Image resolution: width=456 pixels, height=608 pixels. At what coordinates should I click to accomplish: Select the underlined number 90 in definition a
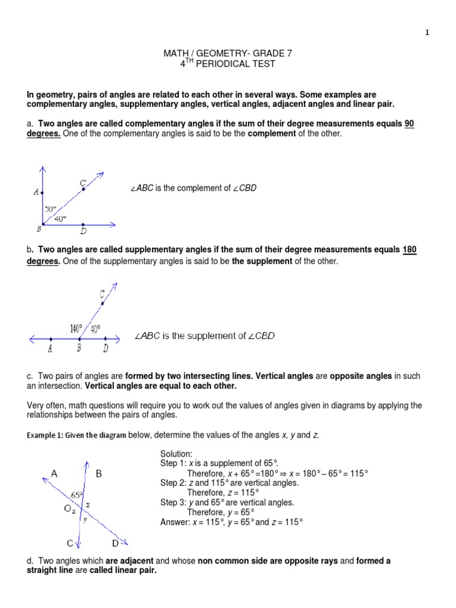(409, 123)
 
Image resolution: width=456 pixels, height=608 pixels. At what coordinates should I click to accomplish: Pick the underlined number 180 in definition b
(410, 250)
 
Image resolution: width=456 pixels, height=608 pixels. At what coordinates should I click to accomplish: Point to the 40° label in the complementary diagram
(61, 218)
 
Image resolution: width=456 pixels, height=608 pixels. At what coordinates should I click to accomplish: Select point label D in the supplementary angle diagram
(105, 349)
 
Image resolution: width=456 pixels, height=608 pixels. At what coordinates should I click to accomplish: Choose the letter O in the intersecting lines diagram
(68, 508)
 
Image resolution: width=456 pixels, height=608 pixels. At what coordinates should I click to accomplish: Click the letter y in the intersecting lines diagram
(85, 519)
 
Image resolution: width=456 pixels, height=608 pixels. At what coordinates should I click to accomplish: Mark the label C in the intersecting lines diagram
(69, 544)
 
